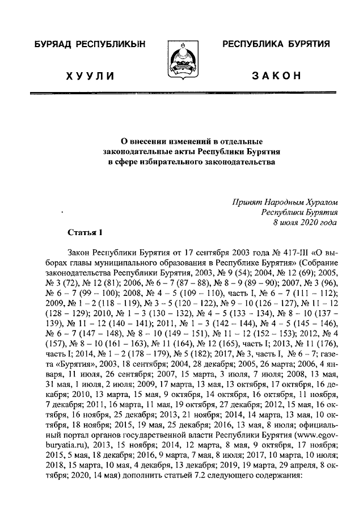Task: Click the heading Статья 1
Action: [85, 232]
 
